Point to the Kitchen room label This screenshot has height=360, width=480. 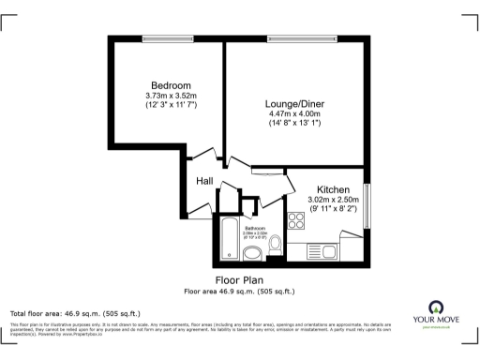333,188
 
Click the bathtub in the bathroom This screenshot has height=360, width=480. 231,238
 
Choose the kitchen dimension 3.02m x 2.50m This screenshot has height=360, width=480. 333,200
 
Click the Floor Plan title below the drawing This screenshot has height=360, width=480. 239,280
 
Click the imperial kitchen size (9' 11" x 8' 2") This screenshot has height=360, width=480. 333,210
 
